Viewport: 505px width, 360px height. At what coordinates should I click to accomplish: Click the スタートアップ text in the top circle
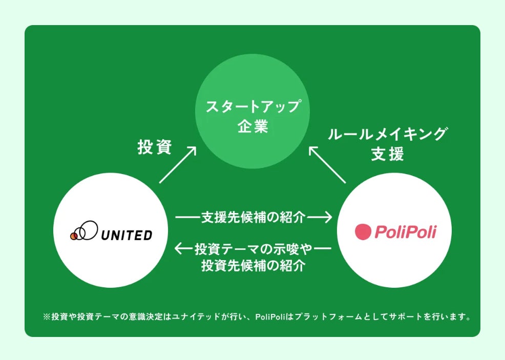[x=252, y=107]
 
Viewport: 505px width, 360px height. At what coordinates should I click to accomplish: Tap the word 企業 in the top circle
[x=252, y=126]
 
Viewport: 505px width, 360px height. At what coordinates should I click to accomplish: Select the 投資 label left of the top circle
[x=155, y=147]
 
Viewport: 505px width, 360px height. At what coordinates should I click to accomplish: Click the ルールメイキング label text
[x=387, y=135]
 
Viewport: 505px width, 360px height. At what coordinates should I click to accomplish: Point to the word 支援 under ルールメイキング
[x=387, y=154]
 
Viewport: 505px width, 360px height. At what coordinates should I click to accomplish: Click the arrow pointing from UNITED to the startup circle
[x=178, y=164]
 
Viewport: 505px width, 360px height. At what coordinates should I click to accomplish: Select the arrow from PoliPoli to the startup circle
[x=328, y=164]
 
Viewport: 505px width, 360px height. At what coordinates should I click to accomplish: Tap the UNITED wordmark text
[x=127, y=235]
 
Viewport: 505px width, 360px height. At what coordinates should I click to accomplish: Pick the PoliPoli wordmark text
[x=405, y=232]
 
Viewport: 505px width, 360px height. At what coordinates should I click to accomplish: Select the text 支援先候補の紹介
[x=254, y=218]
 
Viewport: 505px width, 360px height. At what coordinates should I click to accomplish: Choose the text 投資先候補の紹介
[x=254, y=266]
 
